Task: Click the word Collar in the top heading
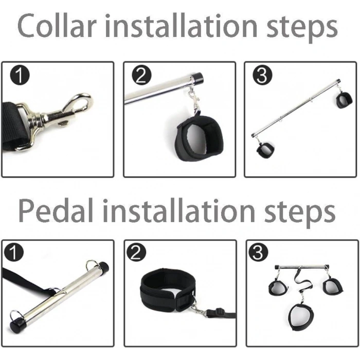57,26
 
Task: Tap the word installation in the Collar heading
181,26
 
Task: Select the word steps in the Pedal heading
300,213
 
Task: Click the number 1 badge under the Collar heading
20,75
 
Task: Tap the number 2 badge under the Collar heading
141,75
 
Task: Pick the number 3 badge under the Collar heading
262,75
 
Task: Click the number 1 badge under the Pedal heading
14,253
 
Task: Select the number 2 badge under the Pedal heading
136,253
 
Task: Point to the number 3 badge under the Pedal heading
258,253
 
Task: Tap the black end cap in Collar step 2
197,78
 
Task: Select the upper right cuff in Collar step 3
344,100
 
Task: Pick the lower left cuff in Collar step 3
265,150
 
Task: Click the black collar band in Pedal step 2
168,289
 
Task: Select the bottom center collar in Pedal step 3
300,317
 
